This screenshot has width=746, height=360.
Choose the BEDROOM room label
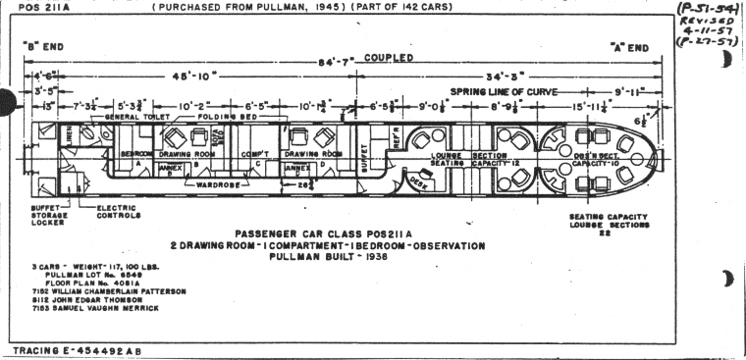click(134, 155)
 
